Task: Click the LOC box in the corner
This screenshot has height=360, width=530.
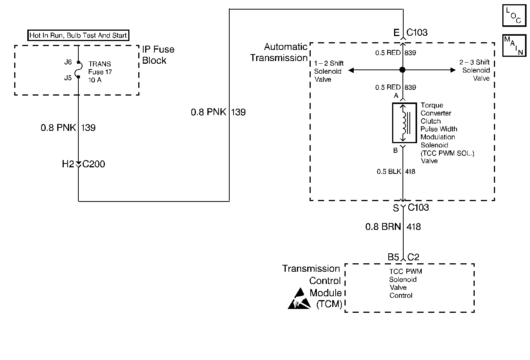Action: (514, 15)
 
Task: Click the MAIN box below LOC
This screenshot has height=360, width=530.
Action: (514, 46)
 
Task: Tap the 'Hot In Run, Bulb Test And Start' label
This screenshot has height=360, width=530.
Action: (78, 36)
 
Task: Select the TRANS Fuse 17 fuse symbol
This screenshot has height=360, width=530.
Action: (78, 70)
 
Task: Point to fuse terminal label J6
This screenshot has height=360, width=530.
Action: (68, 62)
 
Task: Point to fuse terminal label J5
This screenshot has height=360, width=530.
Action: (68, 78)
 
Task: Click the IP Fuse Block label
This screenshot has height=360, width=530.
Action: (158, 55)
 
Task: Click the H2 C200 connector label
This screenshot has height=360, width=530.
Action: (83, 164)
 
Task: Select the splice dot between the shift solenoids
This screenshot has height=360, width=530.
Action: (402, 70)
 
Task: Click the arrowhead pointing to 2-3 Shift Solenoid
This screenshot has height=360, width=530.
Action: (453, 70)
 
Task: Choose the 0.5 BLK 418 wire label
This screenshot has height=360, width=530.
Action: (396, 172)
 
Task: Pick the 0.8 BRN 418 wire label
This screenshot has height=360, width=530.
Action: (393, 227)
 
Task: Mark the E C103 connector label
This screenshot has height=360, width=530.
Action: (410, 33)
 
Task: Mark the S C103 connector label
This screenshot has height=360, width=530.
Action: (411, 208)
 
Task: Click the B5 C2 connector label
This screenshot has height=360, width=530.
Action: (403, 258)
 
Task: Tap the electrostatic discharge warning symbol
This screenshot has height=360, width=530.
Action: (299, 299)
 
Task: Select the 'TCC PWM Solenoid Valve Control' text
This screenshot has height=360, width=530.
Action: (405, 283)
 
